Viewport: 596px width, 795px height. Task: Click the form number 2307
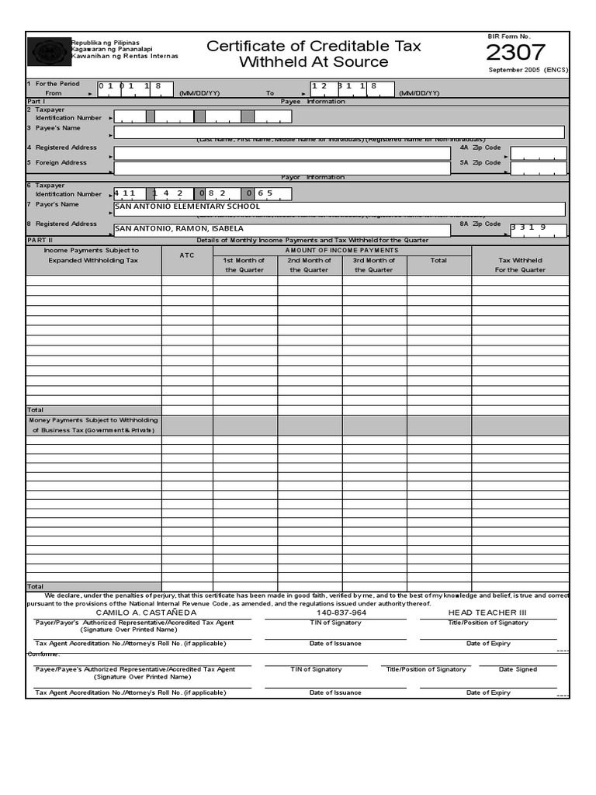(x=515, y=53)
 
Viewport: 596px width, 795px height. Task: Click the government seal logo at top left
(x=49, y=52)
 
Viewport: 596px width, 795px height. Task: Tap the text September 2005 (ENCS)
(x=528, y=70)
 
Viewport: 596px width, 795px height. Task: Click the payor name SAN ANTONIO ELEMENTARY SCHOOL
(x=187, y=207)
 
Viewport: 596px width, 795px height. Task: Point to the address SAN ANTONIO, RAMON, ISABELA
(x=179, y=229)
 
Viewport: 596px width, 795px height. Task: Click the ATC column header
(x=187, y=255)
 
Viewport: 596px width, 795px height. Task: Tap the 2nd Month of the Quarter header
(x=310, y=265)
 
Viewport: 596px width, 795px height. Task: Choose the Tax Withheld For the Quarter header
(x=520, y=265)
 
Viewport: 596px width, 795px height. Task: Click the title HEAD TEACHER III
(x=487, y=613)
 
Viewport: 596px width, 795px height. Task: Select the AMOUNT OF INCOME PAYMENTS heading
(x=341, y=250)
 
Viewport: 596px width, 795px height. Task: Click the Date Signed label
(x=518, y=669)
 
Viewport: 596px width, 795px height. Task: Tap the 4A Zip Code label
(x=480, y=147)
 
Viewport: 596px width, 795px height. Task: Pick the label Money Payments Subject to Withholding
(x=93, y=420)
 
